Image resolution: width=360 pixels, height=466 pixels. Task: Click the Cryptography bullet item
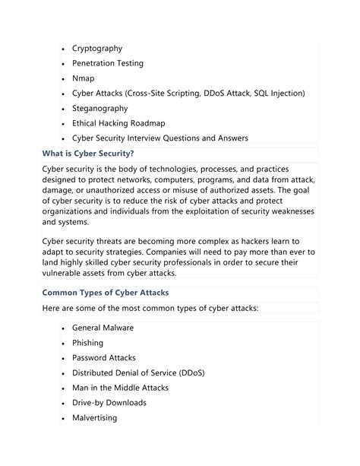click(x=96, y=48)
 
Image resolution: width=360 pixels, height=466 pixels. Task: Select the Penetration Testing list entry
click(x=107, y=63)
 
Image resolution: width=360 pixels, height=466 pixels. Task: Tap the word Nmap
click(x=84, y=78)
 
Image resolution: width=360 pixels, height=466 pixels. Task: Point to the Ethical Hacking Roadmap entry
click(x=118, y=123)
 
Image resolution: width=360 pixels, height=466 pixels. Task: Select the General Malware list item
click(x=103, y=328)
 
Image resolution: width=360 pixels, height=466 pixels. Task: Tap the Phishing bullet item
click(x=87, y=343)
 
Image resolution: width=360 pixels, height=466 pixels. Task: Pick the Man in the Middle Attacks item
click(x=120, y=388)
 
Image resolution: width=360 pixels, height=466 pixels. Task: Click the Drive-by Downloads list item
click(x=109, y=403)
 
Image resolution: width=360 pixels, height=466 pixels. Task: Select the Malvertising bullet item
click(x=94, y=418)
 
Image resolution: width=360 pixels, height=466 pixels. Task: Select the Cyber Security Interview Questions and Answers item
click(x=159, y=138)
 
